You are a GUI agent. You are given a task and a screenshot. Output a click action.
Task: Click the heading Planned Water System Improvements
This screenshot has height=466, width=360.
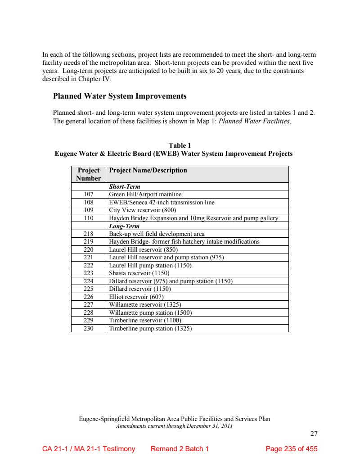click(x=120, y=96)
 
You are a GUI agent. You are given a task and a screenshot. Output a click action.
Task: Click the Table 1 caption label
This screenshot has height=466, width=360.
click(x=180, y=145)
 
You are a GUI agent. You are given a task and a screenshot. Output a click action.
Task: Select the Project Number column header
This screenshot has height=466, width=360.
click(x=89, y=174)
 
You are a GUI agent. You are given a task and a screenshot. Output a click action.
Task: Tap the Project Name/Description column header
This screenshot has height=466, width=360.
click(x=148, y=170)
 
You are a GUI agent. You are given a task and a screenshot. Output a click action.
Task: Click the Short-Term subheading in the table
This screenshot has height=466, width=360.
click(x=125, y=186)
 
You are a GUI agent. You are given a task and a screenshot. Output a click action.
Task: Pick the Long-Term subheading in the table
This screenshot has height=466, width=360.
click(x=124, y=226)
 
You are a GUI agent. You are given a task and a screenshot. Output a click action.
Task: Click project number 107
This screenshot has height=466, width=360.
click(x=89, y=195)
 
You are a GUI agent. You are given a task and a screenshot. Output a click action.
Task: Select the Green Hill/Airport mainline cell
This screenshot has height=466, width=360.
click(x=145, y=195)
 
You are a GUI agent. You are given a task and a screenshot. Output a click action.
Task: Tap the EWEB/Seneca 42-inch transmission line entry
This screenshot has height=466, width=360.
click(x=162, y=202)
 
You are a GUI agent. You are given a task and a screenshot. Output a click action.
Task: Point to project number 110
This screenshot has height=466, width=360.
click(x=89, y=218)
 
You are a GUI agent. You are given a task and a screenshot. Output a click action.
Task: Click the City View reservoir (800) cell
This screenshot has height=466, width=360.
click(x=143, y=210)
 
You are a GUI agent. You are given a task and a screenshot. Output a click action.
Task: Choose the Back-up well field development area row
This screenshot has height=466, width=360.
click(x=157, y=234)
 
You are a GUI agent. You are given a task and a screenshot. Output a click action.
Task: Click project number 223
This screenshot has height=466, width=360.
click(x=89, y=273)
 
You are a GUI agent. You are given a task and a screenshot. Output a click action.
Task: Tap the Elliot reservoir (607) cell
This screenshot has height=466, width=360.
click(x=136, y=297)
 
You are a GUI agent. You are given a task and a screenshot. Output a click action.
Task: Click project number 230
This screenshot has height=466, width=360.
click(x=89, y=329)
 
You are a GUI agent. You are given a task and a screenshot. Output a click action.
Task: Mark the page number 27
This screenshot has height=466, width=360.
click(x=314, y=434)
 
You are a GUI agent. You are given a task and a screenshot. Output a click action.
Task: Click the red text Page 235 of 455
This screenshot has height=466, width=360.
click(x=292, y=449)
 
